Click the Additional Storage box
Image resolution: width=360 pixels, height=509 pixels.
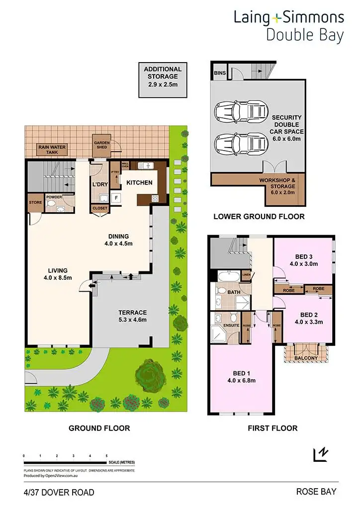(163, 80)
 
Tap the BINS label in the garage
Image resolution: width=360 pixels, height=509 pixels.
(219, 73)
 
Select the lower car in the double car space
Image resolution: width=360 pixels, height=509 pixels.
(240, 145)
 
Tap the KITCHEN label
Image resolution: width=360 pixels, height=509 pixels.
(139, 182)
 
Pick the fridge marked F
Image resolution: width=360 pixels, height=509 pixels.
(116, 197)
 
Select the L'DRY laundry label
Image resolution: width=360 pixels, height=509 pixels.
(100, 184)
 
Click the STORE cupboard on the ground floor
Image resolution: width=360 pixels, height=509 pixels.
(35, 203)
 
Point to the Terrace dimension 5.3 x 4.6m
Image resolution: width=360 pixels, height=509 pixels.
(132, 320)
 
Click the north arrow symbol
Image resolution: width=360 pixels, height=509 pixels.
(321, 454)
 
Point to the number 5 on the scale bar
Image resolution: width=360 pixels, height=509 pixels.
(106, 455)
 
